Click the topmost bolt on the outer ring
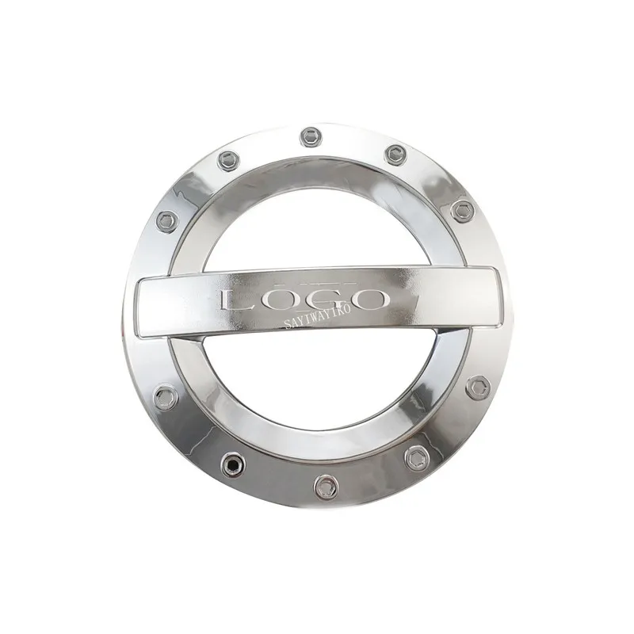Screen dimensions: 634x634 pyautogui.click(x=311, y=137)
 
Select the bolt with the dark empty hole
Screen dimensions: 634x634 pyautogui.click(x=233, y=464)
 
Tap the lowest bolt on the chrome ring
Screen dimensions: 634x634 pyautogui.click(x=326, y=487)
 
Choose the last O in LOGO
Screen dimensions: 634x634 pyautogui.click(x=365, y=300)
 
